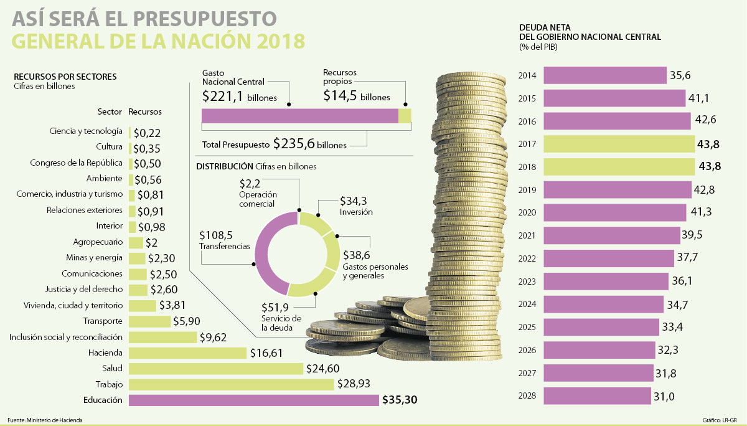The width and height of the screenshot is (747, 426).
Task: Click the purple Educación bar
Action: (253, 400)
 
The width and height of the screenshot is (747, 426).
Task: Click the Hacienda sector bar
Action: (187, 353)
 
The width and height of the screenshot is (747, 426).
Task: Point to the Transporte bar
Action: (149, 321)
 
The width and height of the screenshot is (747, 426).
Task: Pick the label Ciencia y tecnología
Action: (86, 131)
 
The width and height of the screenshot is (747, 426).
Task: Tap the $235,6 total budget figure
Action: (294, 144)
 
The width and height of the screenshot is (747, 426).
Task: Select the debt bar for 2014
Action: (604, 75)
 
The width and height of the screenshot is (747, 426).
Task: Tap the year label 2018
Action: (527, 167)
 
